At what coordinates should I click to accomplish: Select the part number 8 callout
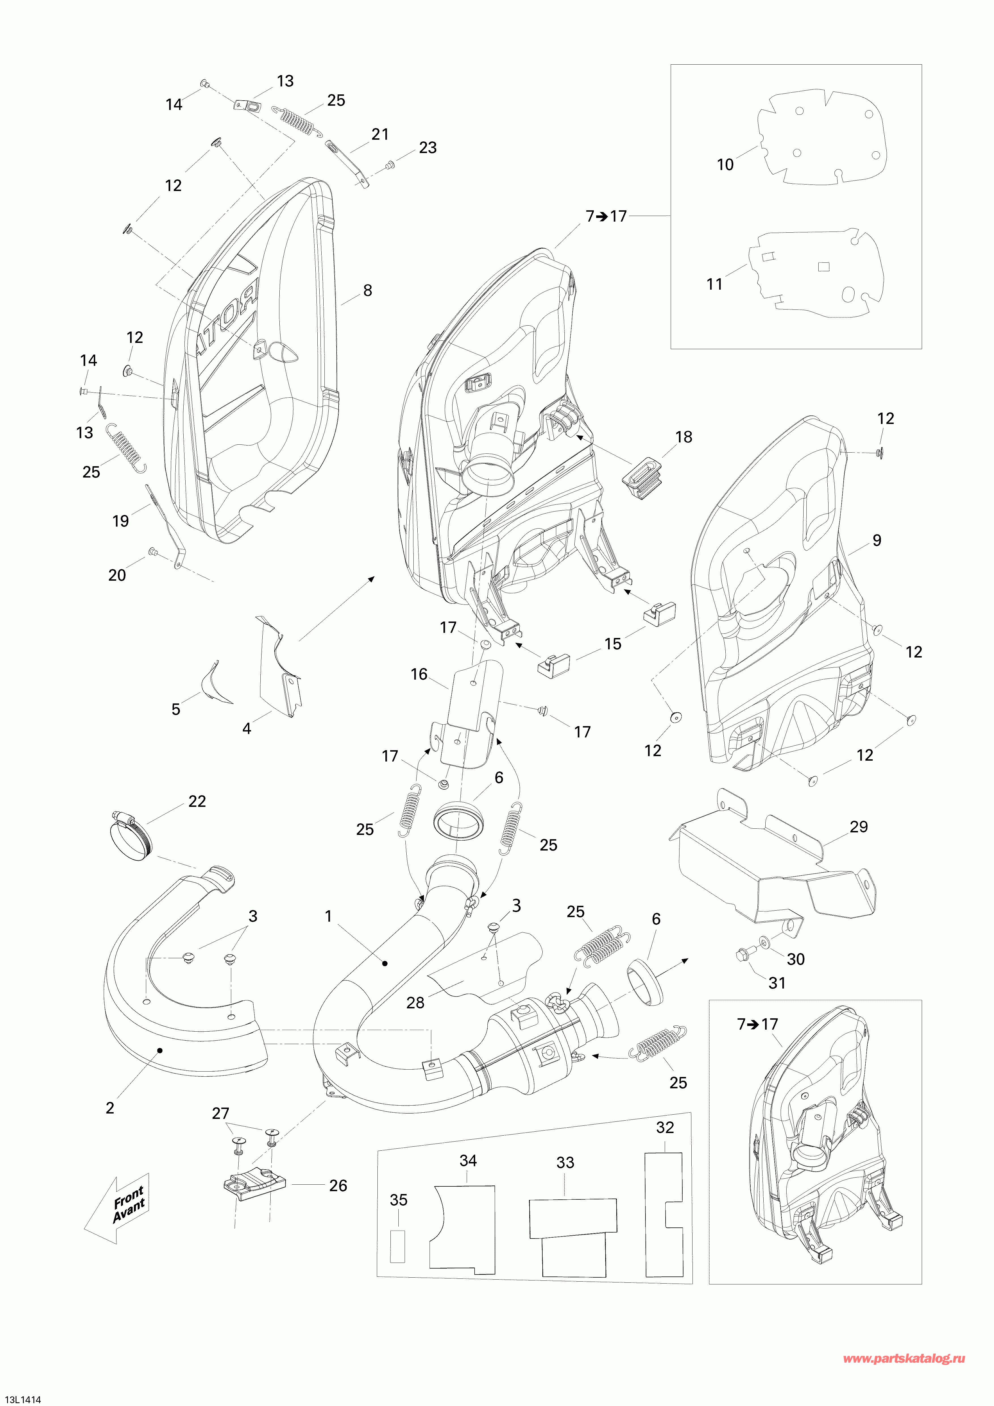click(x=367, y=291)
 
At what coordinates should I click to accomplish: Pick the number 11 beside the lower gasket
click(x=714, y=284)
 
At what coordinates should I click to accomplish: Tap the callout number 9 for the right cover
click(x=876, y=541)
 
